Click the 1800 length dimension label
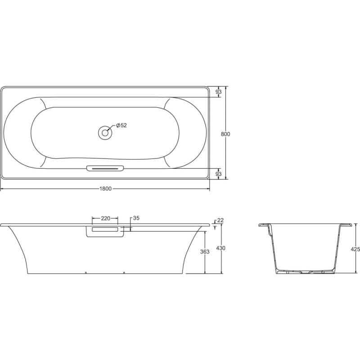pos(105,189)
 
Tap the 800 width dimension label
pos(225,134)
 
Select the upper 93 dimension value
pos(219,92)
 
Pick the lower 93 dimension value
pos(219,174)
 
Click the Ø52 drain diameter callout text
pos(121,126)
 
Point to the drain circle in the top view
pos(105,133)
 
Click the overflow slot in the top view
pos(105,168)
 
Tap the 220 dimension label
pos(106,218)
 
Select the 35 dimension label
pos(136,218)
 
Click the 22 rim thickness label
pos(220,220)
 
